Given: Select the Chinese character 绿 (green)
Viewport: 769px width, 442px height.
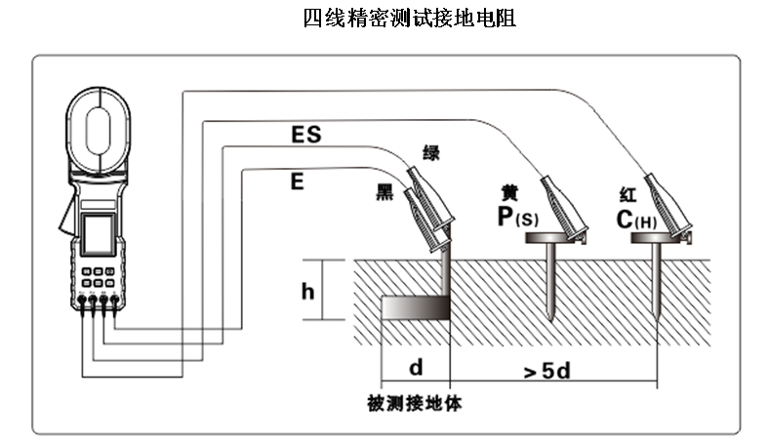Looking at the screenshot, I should click(x=430, y=152).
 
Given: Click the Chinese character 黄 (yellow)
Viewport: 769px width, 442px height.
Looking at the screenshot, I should click(x=508, y=191).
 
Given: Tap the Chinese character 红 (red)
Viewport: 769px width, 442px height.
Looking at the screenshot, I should click(x=627, y=191).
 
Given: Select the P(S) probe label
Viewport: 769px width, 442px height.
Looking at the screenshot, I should click(x=517, y=217).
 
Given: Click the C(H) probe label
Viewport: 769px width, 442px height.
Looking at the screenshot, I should click(x=636, y=219).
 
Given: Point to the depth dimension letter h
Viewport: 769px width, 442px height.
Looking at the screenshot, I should click(x=306, y=291).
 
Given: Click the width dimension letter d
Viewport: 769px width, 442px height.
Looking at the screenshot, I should click(x=415, y=368).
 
